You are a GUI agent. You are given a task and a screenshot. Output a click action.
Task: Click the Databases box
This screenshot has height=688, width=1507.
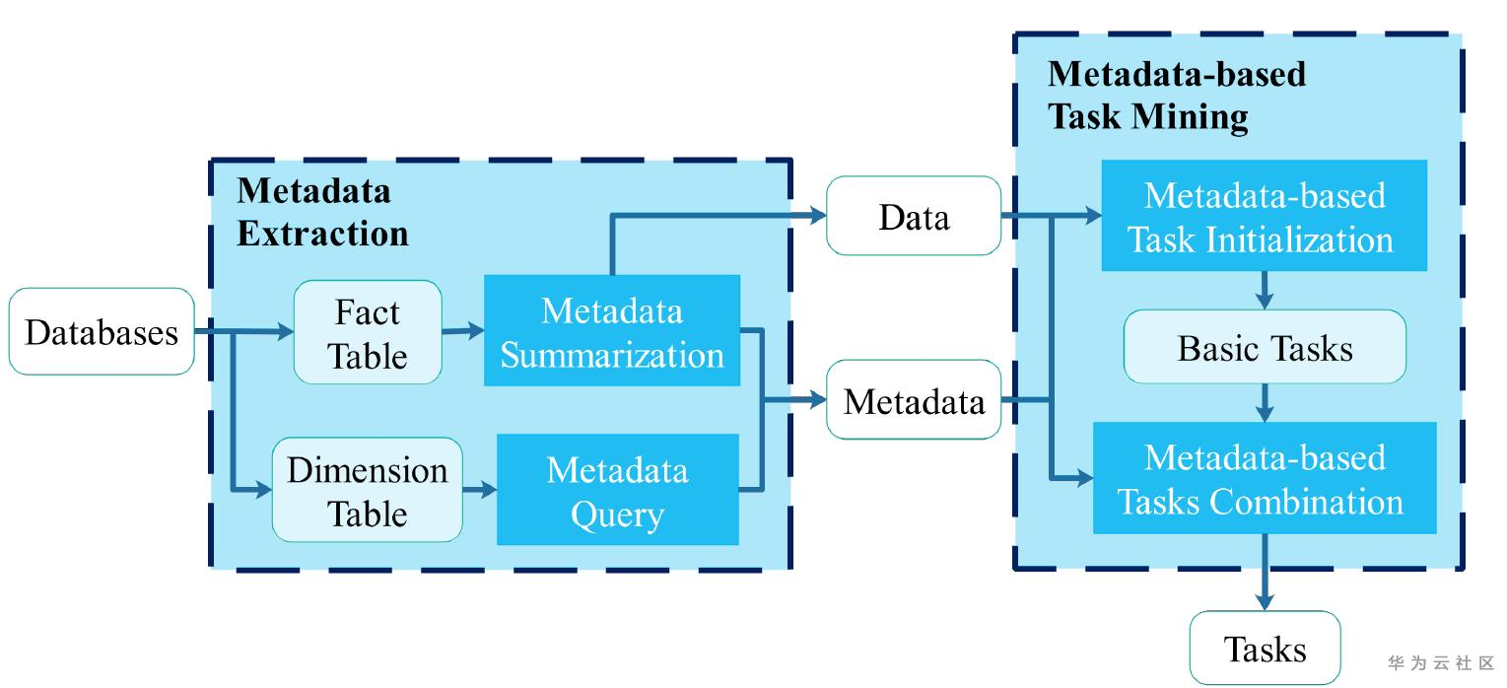[x=102, y=331]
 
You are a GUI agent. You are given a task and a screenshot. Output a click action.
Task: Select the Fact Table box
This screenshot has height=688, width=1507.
[x=368, y=332]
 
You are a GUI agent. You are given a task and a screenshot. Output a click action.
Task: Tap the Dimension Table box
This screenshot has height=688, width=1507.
[x=367, y=490]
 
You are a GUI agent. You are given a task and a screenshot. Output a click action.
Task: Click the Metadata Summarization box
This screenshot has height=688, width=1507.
[x=612, y=331]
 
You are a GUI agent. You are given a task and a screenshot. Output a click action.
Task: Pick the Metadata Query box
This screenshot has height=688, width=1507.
[x=617, y=490]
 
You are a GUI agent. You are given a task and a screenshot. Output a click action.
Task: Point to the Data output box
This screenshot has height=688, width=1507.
[x=914, y=216]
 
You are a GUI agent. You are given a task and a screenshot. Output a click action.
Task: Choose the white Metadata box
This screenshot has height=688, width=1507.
[x=914, y=400]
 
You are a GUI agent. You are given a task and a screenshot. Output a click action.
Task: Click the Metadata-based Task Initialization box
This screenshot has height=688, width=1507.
[x=1265, y=216]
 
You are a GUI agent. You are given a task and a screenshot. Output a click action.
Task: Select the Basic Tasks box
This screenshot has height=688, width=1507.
[x=1265, y=347]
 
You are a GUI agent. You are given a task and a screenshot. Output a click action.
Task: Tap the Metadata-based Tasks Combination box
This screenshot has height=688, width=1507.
[x=1265, y=478]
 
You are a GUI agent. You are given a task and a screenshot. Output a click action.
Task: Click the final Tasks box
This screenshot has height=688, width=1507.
[x=1265, y=648]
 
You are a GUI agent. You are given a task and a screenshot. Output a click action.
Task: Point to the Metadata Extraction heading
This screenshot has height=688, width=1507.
[x=322, y=212]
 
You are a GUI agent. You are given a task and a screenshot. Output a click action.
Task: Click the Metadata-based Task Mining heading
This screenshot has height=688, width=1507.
[x=1176, y=95]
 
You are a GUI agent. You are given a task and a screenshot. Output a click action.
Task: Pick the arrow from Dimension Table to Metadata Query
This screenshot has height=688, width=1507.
[x=479, y=490]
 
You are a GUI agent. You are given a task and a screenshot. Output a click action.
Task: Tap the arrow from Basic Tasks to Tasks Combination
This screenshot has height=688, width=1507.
[x=1265, y=402]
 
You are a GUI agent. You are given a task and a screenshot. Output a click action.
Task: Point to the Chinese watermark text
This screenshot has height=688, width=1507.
[x=1441, y=662]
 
